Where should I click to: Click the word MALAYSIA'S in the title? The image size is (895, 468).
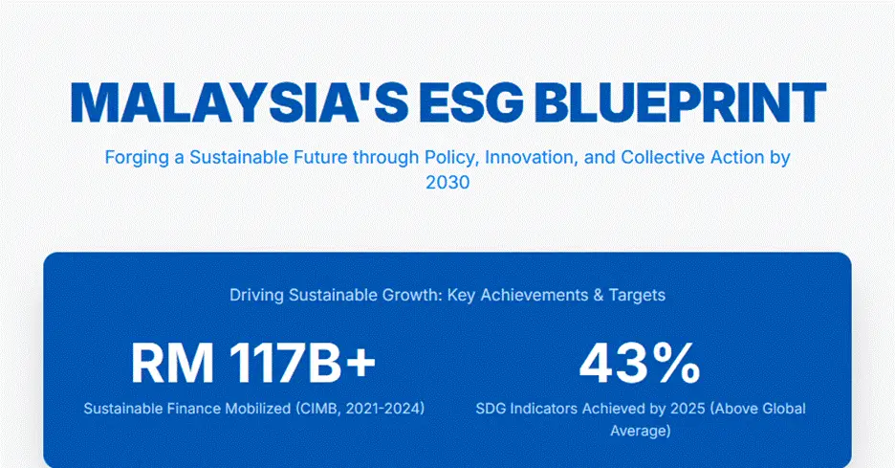point(239,103)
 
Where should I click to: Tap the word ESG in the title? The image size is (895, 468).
point(470,103)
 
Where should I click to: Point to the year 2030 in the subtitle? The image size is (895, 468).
point(447,182)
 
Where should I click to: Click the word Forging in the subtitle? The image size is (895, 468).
point(137,158)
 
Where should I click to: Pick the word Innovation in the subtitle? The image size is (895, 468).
point(529,158)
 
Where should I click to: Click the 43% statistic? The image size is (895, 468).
point(640,363)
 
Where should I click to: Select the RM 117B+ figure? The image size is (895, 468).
point(253,363)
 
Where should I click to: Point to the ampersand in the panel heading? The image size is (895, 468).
point(599,296)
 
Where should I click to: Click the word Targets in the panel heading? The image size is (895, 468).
point(637,296)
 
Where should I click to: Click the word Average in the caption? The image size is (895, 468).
point(641,431)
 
